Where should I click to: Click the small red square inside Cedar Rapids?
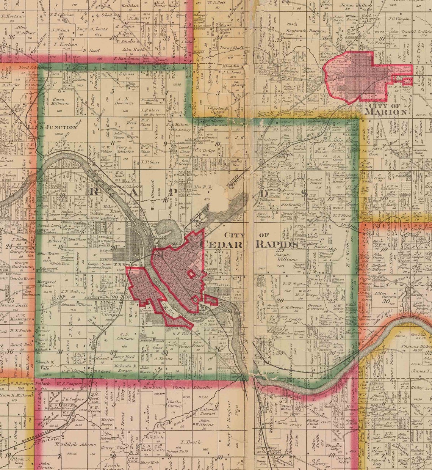(192, 274)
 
